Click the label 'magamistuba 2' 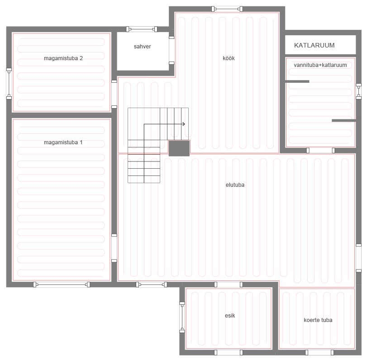coord(63,58)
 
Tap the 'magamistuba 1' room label coord(63,142)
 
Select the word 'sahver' coord(142,47)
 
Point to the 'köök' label coord(229,58)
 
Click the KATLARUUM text coord(315,45)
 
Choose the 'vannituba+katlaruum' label coord(320,65)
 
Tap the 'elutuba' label coord(235,185)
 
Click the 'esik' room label coord(230,316)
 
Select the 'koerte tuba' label coord(318,320)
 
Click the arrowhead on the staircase coord(184,124)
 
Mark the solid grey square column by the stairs coord(179,148)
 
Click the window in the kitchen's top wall coord(227,9)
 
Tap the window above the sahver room coord(142,29)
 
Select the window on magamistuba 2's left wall coord(9,84)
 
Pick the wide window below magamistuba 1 coord(62,284)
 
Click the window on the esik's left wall coord(182,317)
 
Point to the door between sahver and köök coord(172,50)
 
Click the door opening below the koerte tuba coord(319,352)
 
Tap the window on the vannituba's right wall coord(358,91)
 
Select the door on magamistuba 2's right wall coord(114,94)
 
